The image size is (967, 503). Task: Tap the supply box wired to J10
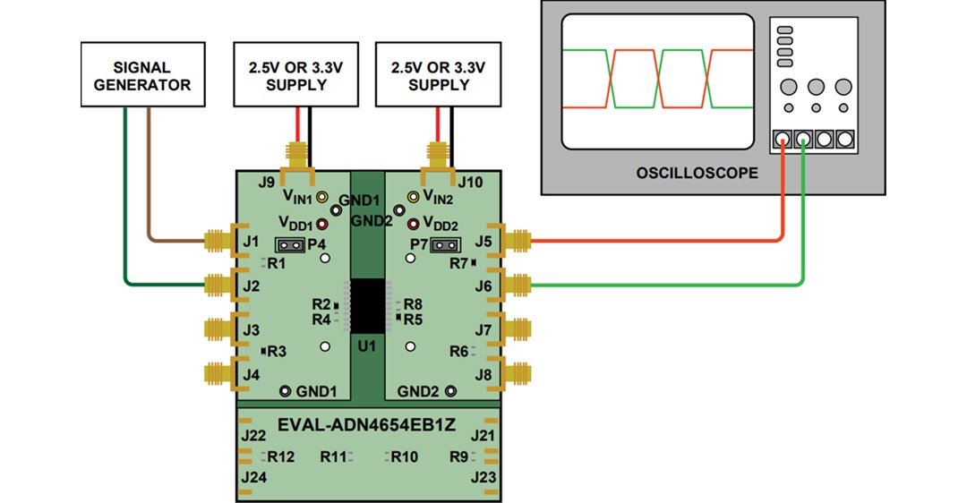[x=439, y=77]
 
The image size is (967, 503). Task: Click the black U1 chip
[x=367, y=306]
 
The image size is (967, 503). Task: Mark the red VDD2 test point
[x=414, y=223]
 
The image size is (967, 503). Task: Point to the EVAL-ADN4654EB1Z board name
[x=367, y=424]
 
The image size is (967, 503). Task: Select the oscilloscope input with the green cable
[x=804, y=141]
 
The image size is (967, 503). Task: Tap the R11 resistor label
[x=333, y=456]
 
